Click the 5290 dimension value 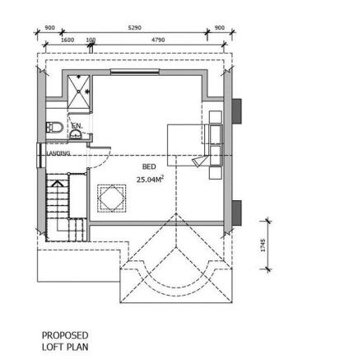click(x=134, y=27)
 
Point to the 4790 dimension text click(x=158, y=39)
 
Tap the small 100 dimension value click(x=91, y=39)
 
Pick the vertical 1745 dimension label click(x=263, y=245)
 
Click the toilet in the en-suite click(x=54, y=128)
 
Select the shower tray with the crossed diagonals click(x=80, y=92)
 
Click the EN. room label click(x=77, y=126)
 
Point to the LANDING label click(x=58, y=153)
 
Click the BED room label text click(x=149, y=166)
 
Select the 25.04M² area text click(x=149, y=178)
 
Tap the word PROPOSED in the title click(x=64, y=336)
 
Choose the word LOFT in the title click(x=51, y=347)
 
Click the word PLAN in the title click(x=76, y=347)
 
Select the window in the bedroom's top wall click(x=135, y=72)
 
